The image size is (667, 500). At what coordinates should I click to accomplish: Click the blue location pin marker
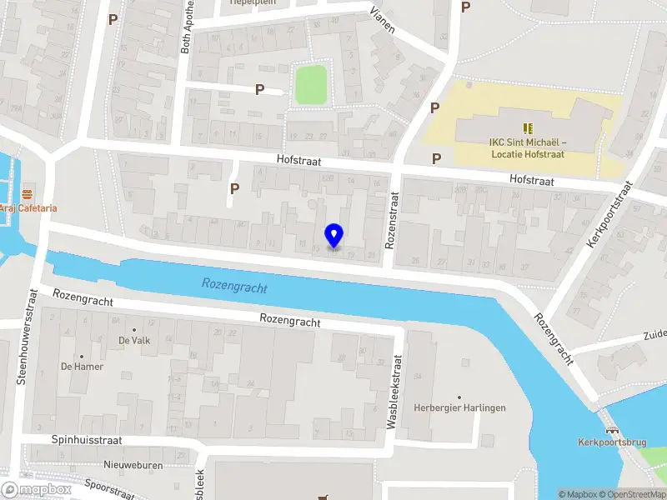coord(334,236)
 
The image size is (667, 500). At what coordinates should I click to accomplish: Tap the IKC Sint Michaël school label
coord(527,147)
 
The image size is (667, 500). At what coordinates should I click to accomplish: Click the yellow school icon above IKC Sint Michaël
coord(527,127)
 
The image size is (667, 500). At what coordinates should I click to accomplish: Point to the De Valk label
coord(133,340)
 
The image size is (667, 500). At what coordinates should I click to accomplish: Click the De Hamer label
coord(75,366)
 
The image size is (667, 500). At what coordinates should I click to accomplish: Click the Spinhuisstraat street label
coord(87,439)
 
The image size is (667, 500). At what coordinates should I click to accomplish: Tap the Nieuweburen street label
coord(133,464)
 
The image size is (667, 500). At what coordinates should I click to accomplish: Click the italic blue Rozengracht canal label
coord(234,287)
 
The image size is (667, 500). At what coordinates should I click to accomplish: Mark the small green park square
coord(311,85)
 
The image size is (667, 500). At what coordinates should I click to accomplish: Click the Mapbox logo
coord(35,490)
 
